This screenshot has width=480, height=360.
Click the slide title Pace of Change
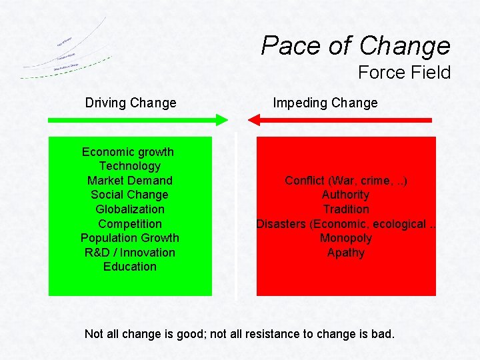(355, 45)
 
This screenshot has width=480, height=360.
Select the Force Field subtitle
(404, 73)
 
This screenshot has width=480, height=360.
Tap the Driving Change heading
(131, 103)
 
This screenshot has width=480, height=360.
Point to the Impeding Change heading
(325, 103)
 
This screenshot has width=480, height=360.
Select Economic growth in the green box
(128, 152)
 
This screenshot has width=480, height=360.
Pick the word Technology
(130, 166)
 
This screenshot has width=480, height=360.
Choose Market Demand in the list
(130, 181)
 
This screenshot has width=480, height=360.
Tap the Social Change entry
(130, 195)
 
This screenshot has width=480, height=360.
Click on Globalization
(130, 209)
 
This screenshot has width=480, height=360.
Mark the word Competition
(130, 224)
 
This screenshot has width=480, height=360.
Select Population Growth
(130, 238)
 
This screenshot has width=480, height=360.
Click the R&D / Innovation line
(130, 253)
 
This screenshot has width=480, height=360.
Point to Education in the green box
(130, 267)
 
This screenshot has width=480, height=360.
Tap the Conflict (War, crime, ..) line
(346, 181)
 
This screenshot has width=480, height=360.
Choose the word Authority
(345, 195)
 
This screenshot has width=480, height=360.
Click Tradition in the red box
(346, 209)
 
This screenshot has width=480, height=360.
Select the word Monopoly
(346, 238)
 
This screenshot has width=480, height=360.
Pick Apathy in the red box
(346, 253)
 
